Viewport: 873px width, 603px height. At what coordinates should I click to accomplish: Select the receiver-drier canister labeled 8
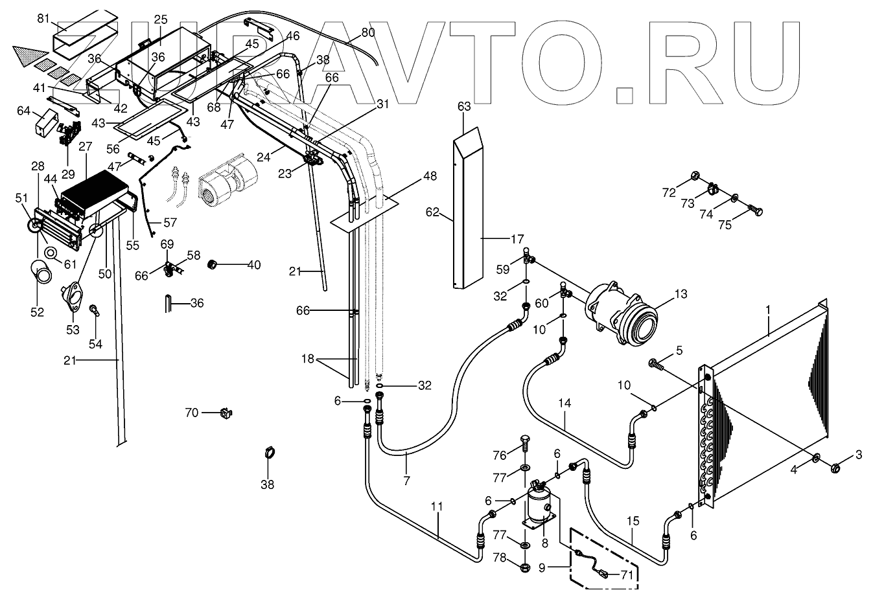538,505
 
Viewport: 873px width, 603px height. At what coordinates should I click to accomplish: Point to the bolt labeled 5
656,366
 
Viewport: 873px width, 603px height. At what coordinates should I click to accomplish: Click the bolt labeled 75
754,210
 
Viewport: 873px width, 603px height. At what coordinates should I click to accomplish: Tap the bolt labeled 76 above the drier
524,447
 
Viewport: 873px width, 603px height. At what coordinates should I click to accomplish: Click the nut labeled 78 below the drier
524,568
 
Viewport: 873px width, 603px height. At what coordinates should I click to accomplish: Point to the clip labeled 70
226,412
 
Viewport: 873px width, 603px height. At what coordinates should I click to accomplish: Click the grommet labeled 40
211,264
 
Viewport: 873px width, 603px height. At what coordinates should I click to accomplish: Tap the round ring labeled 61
49,251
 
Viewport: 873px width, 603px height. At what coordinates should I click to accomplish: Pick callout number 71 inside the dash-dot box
626,573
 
